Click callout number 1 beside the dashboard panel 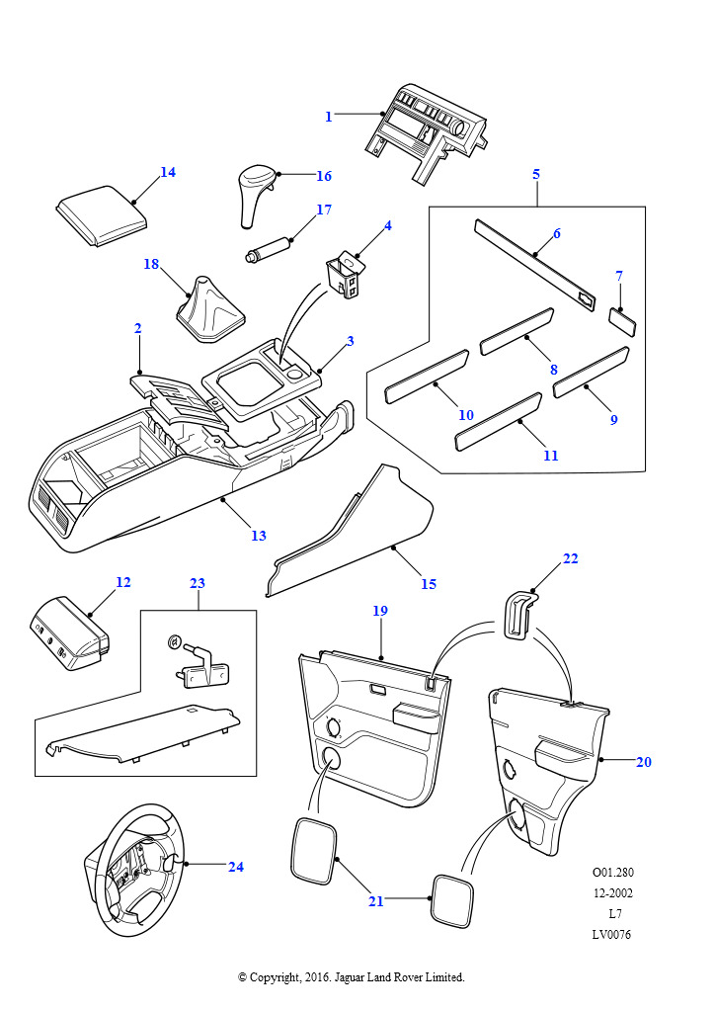(x=329, y=117)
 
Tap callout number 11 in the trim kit (x=551, y=456)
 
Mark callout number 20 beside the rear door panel (x=644, y=762)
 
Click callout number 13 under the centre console (x=259, y=536)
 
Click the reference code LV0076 (x=611, y=935)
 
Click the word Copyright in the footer (x=275, y=977)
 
